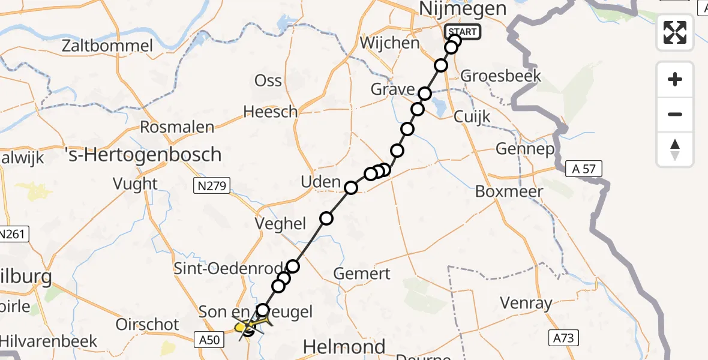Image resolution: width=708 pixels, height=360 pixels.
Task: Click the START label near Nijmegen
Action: [463, 32]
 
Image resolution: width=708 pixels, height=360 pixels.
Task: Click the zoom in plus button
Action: [675, 79]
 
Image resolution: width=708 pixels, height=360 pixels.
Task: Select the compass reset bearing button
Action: [675, 149]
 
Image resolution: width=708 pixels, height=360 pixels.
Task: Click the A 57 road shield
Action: [584, 169]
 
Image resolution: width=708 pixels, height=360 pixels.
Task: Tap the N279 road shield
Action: [211, 186]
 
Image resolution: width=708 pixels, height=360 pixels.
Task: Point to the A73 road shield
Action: [563, 338]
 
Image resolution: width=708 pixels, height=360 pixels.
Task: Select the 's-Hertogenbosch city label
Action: [143, 155]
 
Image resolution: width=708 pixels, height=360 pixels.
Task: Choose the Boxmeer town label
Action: [509, 191]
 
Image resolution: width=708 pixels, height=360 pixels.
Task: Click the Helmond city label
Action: [344, 346]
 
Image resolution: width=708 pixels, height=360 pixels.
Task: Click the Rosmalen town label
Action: [176, 127]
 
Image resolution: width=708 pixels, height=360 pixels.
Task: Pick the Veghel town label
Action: [280, 223]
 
